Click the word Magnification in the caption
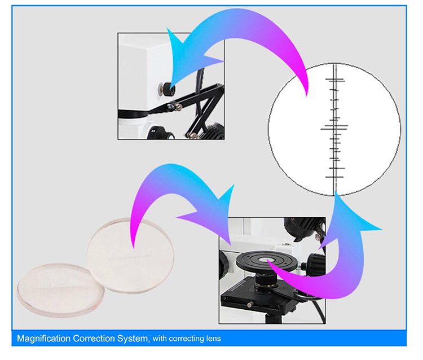tap(43, 339)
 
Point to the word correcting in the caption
tap(187, 339)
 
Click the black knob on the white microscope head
tap(168, 89)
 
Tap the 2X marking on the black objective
tap(153, 131)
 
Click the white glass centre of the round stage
tap(267, 260)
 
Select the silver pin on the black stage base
tap(250, 305)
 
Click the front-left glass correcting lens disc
tap(61, 289)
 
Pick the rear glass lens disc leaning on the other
tap(131, 255)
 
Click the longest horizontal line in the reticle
tap(334, 129)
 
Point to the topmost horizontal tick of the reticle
tap(335, 79)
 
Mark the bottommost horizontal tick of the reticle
tap(334, 177)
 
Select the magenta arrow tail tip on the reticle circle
tap(306, 95)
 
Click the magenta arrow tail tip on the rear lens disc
tap(133, 247)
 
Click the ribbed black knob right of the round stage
tap(317, 265)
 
